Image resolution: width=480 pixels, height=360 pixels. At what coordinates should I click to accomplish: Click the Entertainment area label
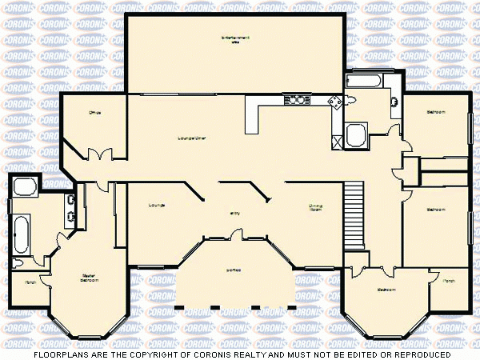(235, 39)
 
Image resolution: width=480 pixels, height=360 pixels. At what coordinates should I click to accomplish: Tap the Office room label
(94, 113)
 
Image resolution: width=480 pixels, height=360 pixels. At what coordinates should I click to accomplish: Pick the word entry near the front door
(234, 213)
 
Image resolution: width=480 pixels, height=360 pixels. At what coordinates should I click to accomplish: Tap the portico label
(234, 269)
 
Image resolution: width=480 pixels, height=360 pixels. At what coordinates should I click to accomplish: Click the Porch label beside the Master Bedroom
(30, 282)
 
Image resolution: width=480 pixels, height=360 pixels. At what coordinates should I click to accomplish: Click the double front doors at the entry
(234, 234)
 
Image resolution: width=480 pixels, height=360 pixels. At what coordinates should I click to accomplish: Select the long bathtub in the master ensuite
(21, 234)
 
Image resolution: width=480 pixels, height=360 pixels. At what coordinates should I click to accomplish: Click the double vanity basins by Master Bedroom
(72, 206)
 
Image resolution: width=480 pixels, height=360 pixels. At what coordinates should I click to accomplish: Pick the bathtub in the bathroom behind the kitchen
(366, 81)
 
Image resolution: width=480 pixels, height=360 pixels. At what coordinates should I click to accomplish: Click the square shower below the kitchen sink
(355, 135)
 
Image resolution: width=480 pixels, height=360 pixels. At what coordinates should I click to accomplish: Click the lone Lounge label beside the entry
(156, 206)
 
